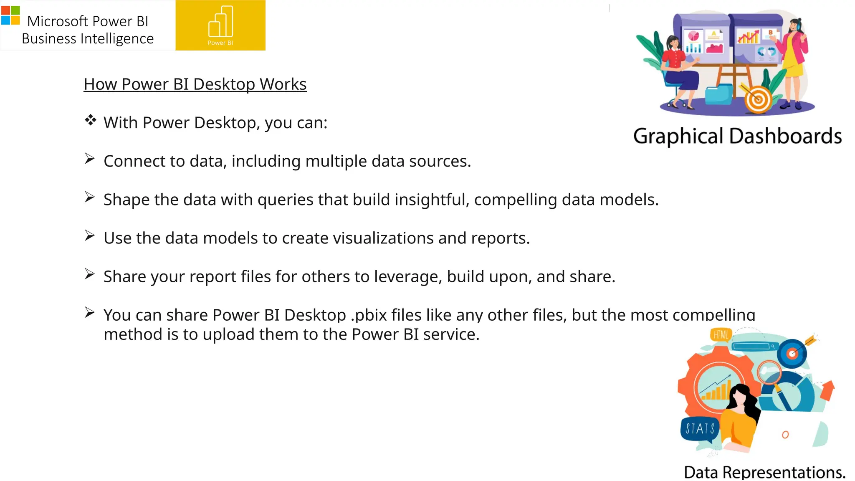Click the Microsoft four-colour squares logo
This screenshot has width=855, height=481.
10,15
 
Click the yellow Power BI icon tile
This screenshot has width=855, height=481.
220,25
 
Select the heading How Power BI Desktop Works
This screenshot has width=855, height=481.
195,84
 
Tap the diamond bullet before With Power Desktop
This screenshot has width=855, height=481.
90,121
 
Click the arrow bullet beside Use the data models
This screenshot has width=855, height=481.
89,235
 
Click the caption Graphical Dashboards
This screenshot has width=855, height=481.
737,136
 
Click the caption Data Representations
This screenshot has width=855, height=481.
764,472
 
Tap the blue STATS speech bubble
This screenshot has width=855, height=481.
700,429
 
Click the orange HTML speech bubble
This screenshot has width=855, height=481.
721,334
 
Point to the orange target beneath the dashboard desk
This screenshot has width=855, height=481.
758,99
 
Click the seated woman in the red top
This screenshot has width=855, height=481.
678,67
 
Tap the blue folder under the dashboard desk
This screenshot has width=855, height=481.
718,94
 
